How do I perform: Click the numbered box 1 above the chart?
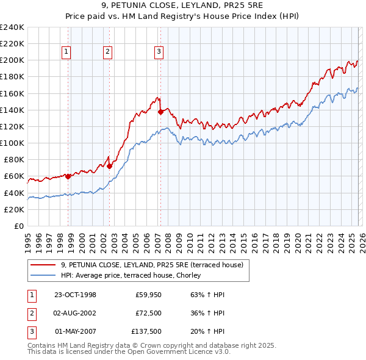pos(66,52)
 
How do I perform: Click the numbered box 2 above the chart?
pos(107,52)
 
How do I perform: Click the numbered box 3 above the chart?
pos(158,52)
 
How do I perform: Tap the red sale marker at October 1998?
pos(68,176)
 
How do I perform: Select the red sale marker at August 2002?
pos(109,166)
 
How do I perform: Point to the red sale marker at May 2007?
pos(160,112)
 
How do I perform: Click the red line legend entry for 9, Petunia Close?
pos(152,265)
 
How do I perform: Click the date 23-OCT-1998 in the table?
pos(74,295)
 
